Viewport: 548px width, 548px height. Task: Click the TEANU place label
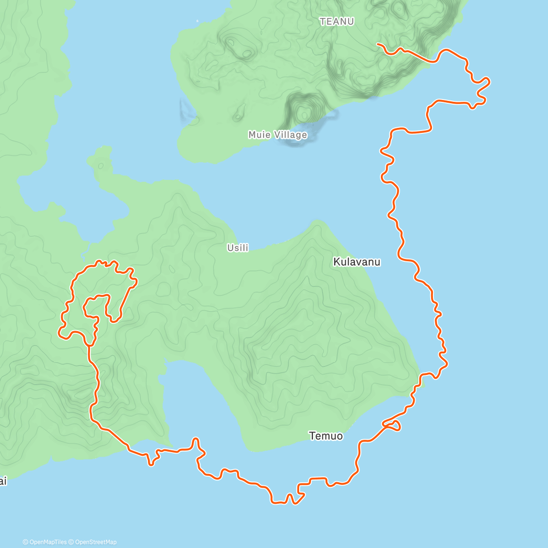[x=337, y=21]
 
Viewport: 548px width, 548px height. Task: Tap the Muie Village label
[x=278, y=135]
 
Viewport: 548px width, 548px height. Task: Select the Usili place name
[x=237, y=248]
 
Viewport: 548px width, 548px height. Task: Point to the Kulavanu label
[x=357, y=262]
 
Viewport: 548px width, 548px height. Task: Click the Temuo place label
[x=326, y=436]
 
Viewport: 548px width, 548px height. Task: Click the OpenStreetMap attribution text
[x=95, y=542]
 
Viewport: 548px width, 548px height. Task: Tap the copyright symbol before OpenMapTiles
[x=26, y=542]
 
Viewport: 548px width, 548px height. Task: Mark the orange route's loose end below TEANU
[x=377, y=44]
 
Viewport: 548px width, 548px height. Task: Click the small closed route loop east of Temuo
[x=394, y=426]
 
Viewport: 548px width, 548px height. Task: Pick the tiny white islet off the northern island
[x=197, y=21]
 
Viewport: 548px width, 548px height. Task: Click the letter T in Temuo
[x=312, y=436]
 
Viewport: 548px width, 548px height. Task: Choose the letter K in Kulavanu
[x=337, y=262]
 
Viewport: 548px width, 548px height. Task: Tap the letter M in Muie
[x=253, y=135]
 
